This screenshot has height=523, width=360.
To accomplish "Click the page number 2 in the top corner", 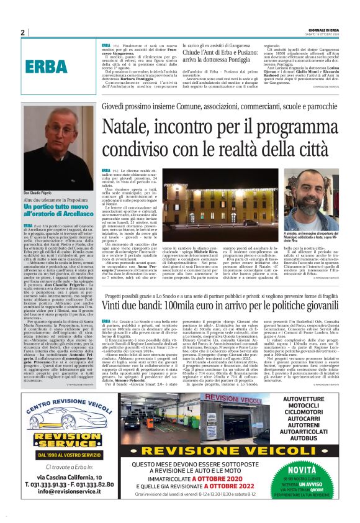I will tap(22, 32).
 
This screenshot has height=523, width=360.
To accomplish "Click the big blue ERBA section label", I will tap(44, 65).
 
